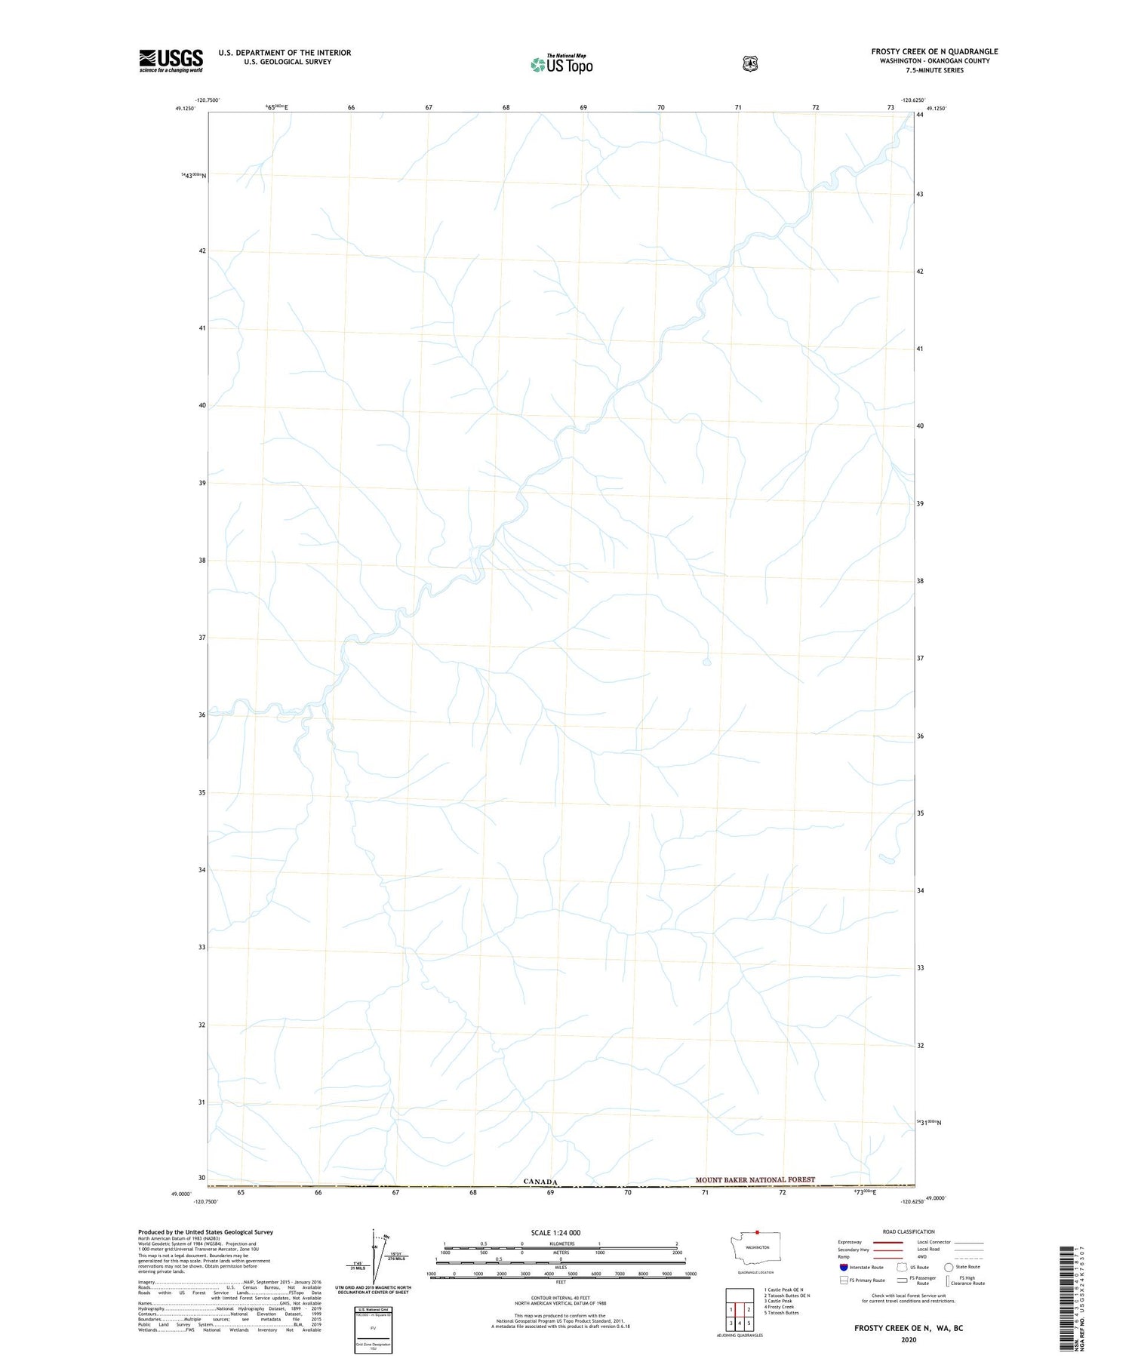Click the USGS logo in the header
pyautogui.click(x=171, y=60)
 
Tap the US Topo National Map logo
pyautogui.click(x=561, y=63)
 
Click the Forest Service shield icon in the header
pyautogui.click(x=749, y=63)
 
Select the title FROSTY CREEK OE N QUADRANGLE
pyautogui.click(x=934, y=51)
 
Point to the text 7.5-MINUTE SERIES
pyautogui.click(x=934, y=70)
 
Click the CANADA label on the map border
pyautogui.click(x=540, y=1182)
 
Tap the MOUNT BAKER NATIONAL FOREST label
pyautogui.click(x=755, y=1179)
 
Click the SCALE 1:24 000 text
pyautogui.click(x=555, y=1233)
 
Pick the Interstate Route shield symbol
pyautogui.click(x=843, y=1267)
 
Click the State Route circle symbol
pyautogui.click(x=949, y=1267)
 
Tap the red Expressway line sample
pyautogui.click(x=887, y=1242)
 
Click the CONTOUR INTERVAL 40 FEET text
pyautogui.click(x=560, y=1297)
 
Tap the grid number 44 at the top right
pyautogui.click(x=920, y=115)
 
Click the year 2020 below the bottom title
pyautogui.click(x=908, y=1340)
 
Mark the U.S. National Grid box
pyautogui.click(x=374, y=1330)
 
